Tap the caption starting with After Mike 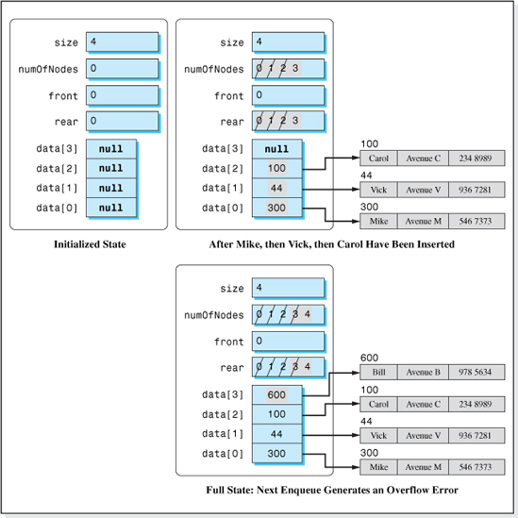pyautogui.click(x=332, y=245)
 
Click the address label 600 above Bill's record pyautogui.click(x=369, y=358)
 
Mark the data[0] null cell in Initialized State pyautogui.click(x=111, y=208)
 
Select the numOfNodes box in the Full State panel pyautogui.click(x=287, y=314)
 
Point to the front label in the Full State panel pyautogui.click(x=228, y=341)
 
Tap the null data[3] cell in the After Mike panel pyautogui.click(x=277, y=149)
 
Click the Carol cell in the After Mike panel pyautogui.click(x=379, y=159)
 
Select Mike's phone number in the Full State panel pyautogui.click(x=476, y=466)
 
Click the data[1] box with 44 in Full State pyautogui.click(x=277, y=434)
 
